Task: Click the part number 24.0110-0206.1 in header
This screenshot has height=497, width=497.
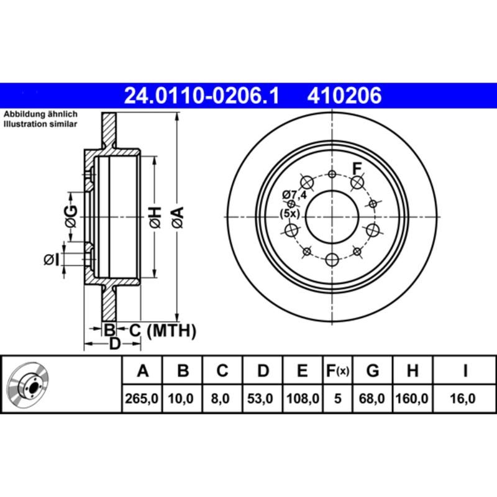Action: [x=202, y=96]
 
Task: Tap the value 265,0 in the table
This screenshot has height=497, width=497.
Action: [x=143, y=398]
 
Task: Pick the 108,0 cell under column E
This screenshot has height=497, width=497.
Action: [x=302, y=398]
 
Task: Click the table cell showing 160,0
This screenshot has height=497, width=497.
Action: [x=412, y=398]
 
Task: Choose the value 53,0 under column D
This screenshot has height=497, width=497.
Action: [x=263, y=398]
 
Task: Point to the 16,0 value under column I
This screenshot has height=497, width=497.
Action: [x=464, y=398]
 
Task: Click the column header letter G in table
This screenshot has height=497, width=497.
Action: [x=373, y=371]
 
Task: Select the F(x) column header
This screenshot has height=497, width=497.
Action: [x=337, y=371]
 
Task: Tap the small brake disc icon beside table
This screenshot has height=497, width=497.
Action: [x=27, y=383]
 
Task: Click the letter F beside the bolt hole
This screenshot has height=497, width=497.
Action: [x=357, y=167]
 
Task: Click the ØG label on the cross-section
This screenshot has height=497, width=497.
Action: [x=71, y=214]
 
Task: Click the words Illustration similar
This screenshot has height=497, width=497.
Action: [x=40, y=124]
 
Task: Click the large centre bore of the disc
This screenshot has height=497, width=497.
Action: [x=332, y=218]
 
